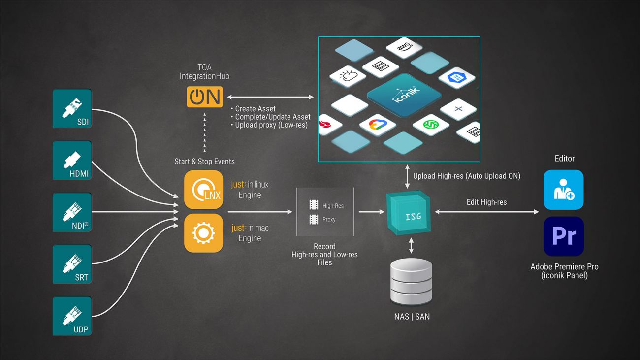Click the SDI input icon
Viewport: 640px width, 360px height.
[72, 108]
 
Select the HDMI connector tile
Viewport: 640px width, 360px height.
[72, 161]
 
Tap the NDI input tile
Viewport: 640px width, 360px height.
[72, 212]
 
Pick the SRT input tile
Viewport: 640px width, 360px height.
[72, 264]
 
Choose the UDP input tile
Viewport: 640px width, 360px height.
[72, 316]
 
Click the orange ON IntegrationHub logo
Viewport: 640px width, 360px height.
[205, 97]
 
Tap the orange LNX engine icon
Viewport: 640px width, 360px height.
[203, 190]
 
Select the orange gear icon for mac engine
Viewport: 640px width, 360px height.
[203, 233]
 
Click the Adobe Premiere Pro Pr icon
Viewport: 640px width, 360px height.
[564, 236]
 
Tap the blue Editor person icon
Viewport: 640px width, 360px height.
[564, 190]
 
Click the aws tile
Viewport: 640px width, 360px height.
[404, 47]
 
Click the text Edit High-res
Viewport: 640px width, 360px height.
[486, 202]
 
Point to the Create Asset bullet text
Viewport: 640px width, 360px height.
[255, 109]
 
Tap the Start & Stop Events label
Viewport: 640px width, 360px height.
[204, 162]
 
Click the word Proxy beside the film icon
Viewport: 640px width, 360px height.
[329, 219]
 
